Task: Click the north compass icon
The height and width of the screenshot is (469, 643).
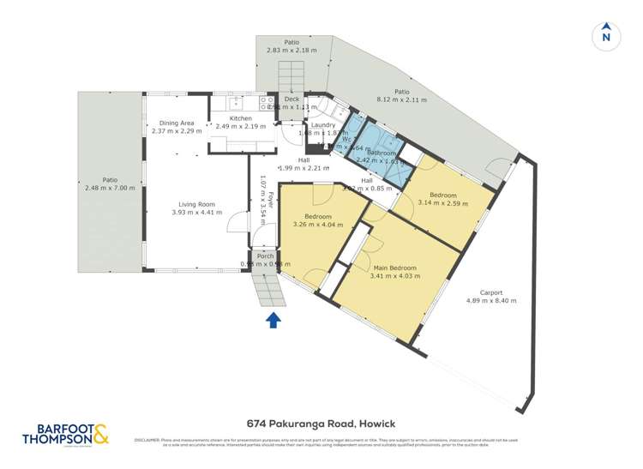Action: click(605, 34)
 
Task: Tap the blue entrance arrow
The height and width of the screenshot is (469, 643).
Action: click(273, 321)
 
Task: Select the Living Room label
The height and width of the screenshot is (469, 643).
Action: click(195, 204)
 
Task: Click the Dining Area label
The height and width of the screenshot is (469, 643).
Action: click(177, 123)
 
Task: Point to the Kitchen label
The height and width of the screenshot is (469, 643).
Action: click(240, 117)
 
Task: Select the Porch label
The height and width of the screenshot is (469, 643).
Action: click(265, 256)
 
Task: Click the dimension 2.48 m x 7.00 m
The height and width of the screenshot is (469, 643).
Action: click(108, 188)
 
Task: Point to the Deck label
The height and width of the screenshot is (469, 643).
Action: click(291, 99)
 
